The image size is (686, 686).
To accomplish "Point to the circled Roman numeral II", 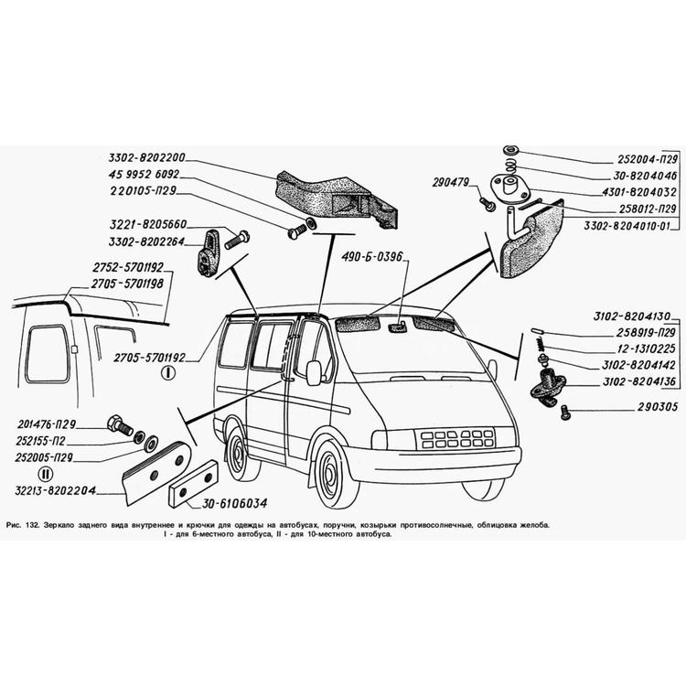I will pos(45,473).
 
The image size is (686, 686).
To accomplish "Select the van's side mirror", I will pos(314,372).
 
